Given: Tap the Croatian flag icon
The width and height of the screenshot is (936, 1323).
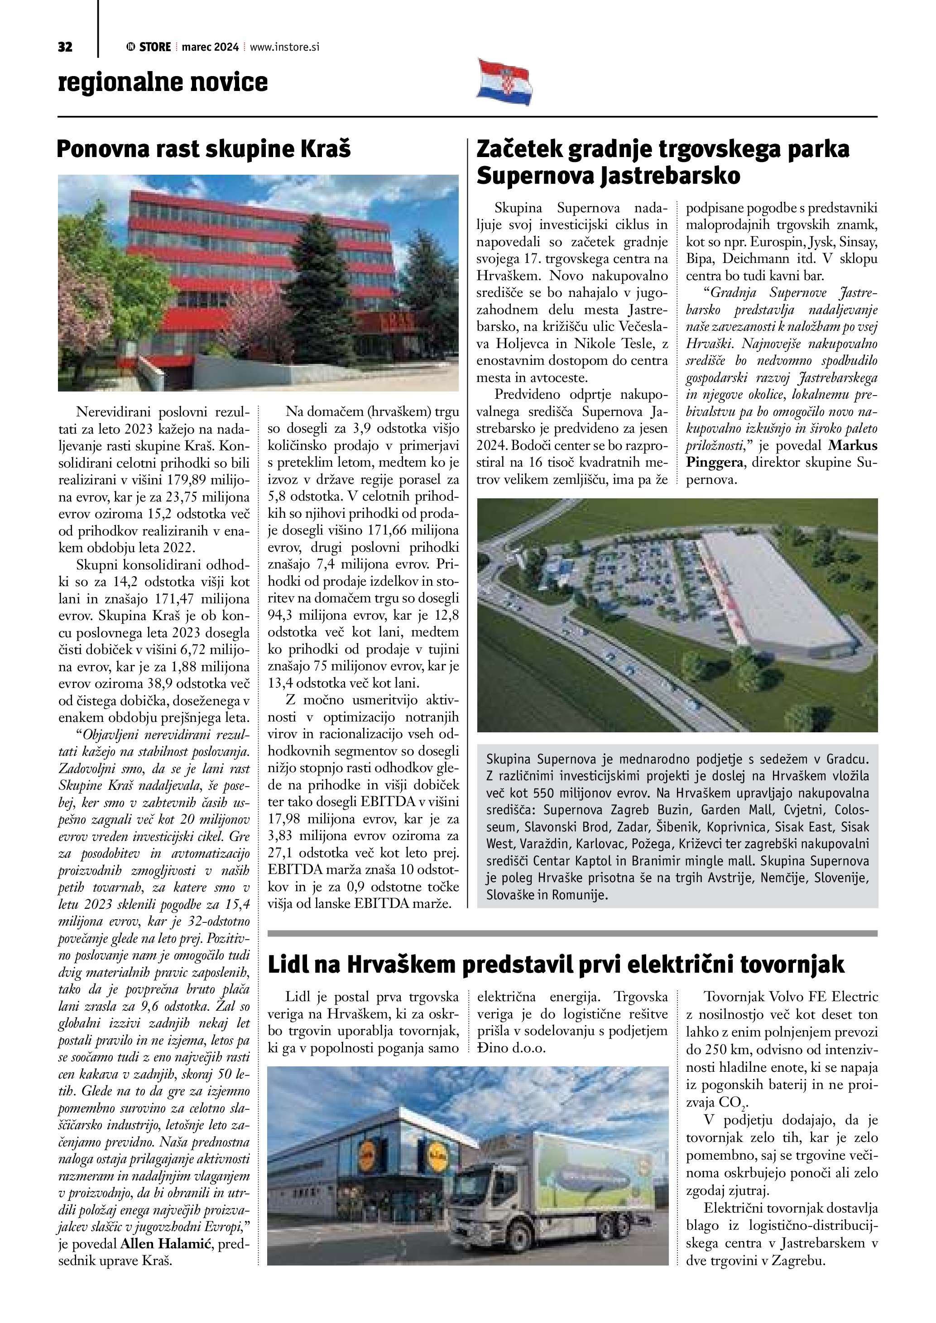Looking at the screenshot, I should tap(505, 81).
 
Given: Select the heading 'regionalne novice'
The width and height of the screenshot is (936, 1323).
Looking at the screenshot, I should tap(163, 82).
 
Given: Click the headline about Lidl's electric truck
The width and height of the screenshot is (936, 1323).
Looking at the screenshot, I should tap(556, 964).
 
